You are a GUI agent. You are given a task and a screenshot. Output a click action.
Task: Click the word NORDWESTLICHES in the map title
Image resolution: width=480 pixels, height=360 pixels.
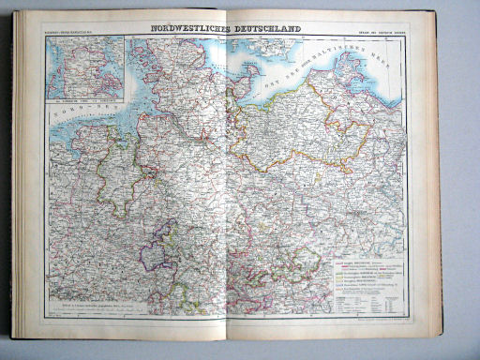185,29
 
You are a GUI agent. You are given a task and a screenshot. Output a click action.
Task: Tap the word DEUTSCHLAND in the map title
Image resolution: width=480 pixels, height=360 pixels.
268,29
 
